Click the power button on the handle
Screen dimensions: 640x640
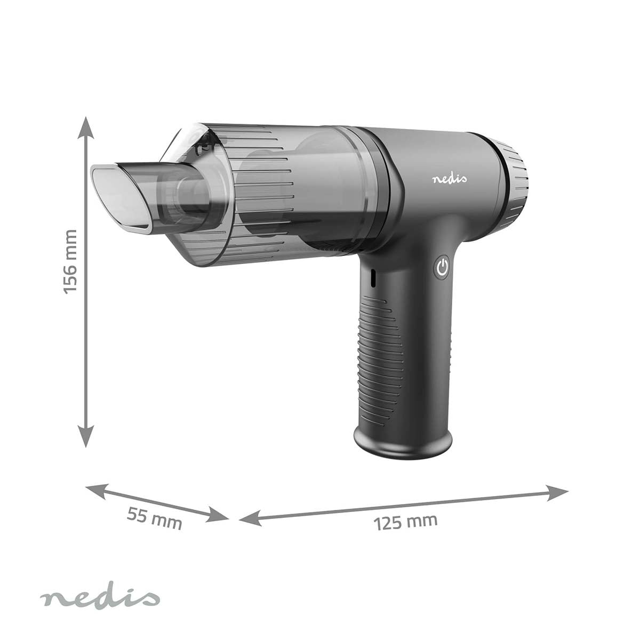pyautogui.click(x=442, y=267)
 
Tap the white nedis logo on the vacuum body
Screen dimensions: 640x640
pyautogui.click(x=450, y=179)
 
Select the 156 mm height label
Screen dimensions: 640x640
pyautogui.click(x=70, y=262)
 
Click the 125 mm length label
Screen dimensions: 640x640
pyautogui.click(x=405, y=522)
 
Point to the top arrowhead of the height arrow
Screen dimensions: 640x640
pyautogui.click(x=86, y=128)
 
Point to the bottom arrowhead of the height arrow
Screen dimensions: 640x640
pyautogui.click(x=86, y=436)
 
